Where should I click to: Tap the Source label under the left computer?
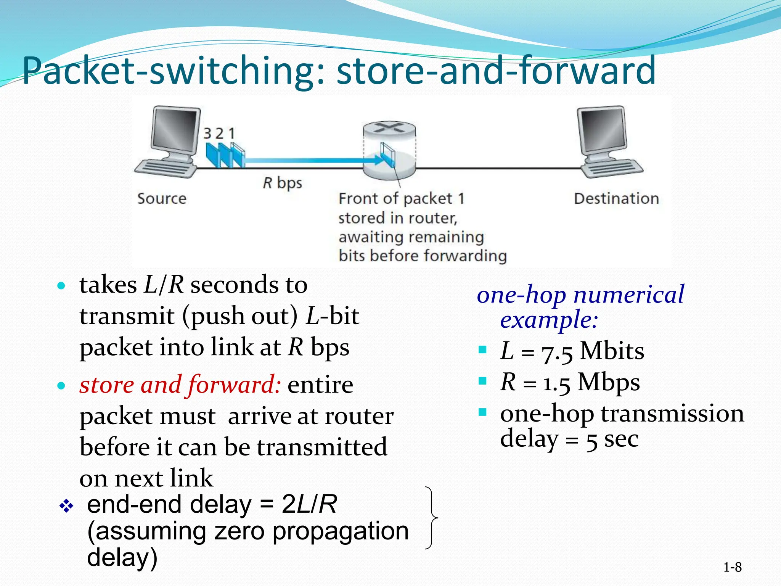coord(162,199)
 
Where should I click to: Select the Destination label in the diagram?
coord(616,199)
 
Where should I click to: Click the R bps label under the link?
coord(282,183)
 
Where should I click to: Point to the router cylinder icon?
coord(389,151)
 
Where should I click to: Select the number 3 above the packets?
coord(207,134)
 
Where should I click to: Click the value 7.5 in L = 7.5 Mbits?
coord(557,352)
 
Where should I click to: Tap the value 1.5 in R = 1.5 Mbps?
coord(556,383)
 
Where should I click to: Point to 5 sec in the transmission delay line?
coord(612,440)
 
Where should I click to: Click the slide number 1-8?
coord(732,567)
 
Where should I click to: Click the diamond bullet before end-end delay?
coord(66,506)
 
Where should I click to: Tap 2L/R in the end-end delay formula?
coord(309,504)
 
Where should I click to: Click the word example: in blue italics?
coord(549,320)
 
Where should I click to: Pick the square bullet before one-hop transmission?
coord(483,412)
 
